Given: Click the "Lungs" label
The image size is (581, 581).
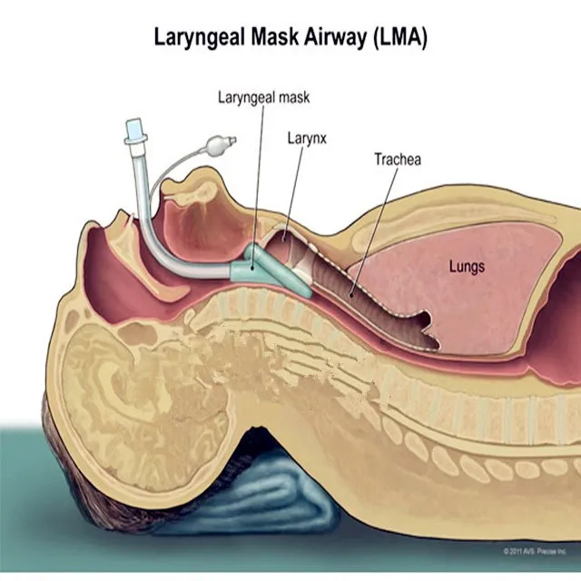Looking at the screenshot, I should click(x=468, y=267).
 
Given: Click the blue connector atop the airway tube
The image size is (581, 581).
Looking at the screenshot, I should click(x=136, y=134).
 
